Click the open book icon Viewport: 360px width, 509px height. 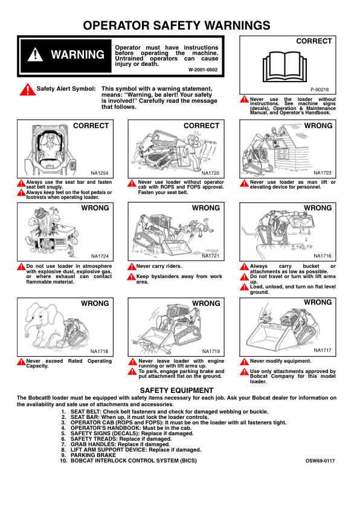284,66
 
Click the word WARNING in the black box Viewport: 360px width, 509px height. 77,54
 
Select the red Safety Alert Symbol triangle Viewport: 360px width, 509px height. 28,89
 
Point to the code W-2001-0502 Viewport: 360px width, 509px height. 203,70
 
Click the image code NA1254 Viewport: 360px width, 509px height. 100,173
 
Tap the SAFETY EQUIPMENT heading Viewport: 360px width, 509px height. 177,390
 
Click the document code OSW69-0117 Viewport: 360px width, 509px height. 320,461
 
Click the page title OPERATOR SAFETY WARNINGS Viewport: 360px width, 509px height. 176,25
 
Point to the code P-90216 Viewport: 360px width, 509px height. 320,89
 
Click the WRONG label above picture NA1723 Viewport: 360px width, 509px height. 318,126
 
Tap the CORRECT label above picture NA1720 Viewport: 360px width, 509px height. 201,126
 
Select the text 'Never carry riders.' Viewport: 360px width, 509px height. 159,266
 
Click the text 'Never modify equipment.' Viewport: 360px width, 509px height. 280,361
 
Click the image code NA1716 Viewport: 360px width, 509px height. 323,256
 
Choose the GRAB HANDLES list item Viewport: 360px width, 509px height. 120,444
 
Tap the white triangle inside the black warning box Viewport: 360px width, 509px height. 35,54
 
